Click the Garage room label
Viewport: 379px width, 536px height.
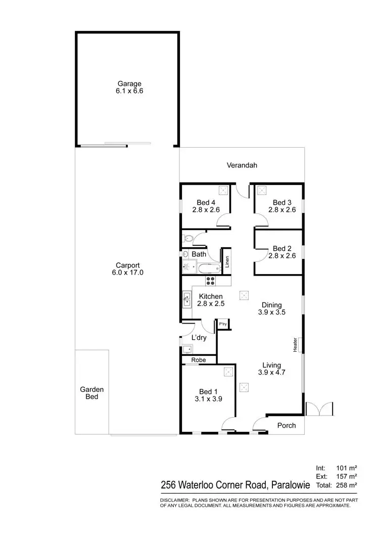click(129, 84)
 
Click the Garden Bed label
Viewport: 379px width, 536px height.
click(91, 393)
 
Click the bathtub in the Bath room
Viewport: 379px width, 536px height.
click(209, 267)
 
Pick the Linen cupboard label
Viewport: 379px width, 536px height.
click(227, 261)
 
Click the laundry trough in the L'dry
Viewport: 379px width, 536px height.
click(187, 348)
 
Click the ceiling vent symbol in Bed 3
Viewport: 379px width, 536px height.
click(262, 191)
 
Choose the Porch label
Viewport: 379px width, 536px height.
click(287, 425)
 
